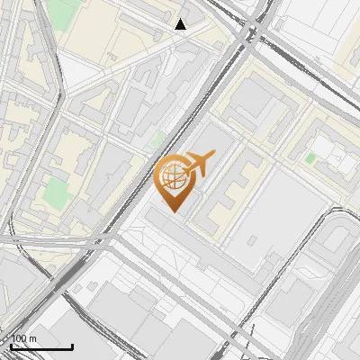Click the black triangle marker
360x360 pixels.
(181, 24)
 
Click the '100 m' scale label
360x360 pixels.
(24, 338)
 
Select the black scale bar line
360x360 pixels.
(41, 346)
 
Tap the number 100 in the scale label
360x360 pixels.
(19, 338)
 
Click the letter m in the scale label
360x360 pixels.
(33, 338)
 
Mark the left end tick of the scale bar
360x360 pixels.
(11, 345)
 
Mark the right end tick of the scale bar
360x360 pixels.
(72, 345)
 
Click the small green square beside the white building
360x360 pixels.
(310, 158)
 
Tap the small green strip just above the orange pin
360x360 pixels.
(158, 139)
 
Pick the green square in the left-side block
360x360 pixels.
(57, 192)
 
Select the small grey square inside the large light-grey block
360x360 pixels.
(253, 240)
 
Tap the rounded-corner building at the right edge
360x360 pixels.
(337, 238)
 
